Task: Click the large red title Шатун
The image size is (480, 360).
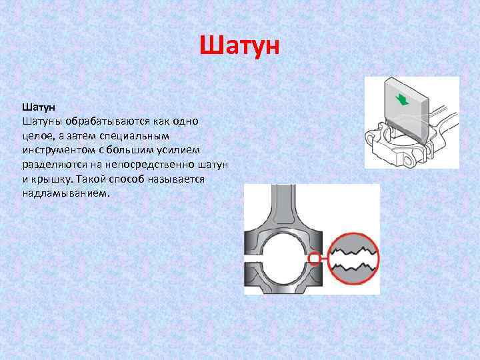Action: [x=240, y=47]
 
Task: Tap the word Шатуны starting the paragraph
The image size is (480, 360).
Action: [x=43, y=121]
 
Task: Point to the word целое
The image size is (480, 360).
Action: [x=37, y=136]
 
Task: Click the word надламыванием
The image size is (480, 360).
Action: [x=64, y=194]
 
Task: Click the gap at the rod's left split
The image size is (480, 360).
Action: [x=252, y=257]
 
